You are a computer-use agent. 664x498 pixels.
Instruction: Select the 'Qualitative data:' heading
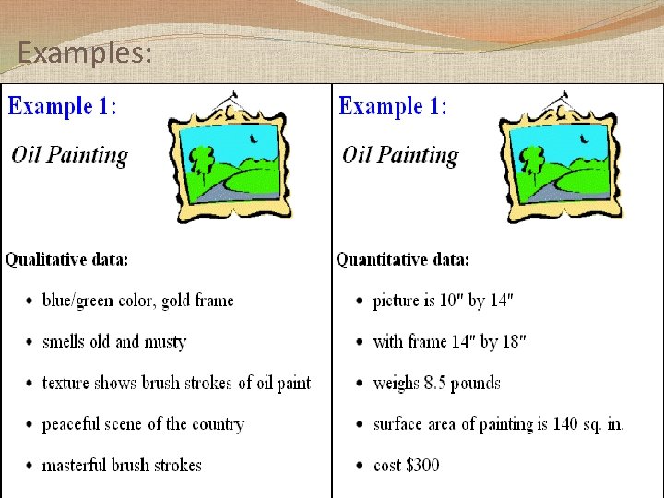coord(67,260)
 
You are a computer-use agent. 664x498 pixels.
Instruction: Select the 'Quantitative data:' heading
coord(403,260)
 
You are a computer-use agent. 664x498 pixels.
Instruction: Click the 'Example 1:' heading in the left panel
coord(63,106)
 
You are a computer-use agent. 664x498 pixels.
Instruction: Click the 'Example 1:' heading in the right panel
coord(394,106)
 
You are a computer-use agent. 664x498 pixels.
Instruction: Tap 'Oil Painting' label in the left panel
coord(70,155)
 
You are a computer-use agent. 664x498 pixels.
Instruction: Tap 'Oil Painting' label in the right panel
coord(400,155)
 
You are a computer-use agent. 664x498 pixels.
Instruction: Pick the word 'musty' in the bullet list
coord(165,342)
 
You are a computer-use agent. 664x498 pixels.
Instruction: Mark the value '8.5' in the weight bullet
coord(436,384)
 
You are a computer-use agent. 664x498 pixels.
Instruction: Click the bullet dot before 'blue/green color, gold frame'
coord(29,302)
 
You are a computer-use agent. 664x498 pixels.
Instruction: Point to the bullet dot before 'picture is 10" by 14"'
coord(359,302)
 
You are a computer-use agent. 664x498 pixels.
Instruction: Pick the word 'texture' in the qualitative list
coord(67,384)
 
